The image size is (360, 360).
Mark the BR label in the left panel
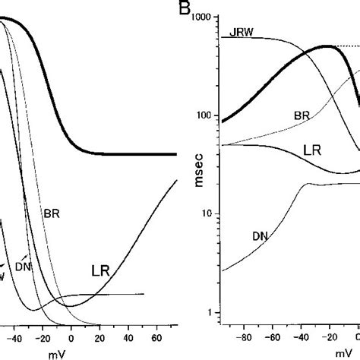point(51,214)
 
